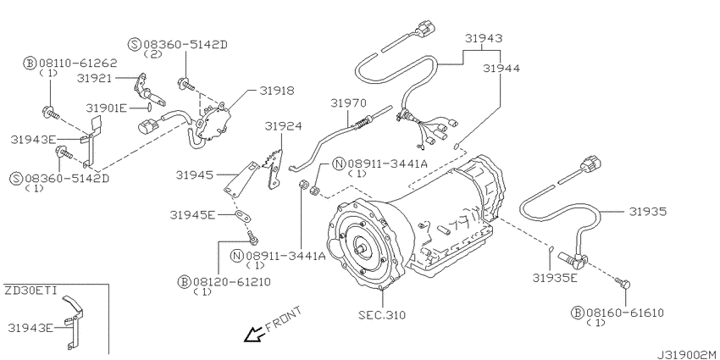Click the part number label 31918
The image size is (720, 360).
pos(277,91)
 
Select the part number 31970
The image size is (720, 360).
pos(348,103)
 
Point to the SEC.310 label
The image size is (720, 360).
pos(382,315)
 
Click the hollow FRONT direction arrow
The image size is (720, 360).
pos(253,335)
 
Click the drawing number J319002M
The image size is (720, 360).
pos(688,355)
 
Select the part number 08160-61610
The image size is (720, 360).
pos(624,313)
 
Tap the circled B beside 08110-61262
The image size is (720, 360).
pos(30,63)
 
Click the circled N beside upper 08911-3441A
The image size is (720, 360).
pos(339,163)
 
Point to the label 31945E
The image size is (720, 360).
pos(192,214)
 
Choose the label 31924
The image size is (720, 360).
pos(283,126)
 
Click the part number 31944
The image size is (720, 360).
pos(501,69)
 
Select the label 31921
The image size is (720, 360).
pos(95,79)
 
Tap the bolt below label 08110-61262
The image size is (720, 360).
pos(51,111)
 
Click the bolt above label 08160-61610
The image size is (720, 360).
pos(623,284)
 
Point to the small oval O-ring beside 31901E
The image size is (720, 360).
pos(149,108)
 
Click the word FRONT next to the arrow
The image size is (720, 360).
pos(285,318)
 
